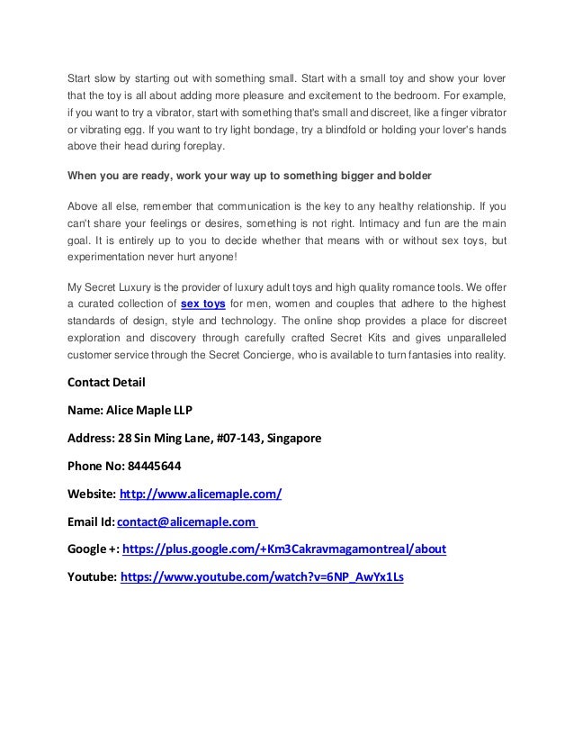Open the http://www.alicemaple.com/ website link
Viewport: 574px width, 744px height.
click(202, 494)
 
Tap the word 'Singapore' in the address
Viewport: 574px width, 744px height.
click(291, 439)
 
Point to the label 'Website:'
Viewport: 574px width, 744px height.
click(92, 494)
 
